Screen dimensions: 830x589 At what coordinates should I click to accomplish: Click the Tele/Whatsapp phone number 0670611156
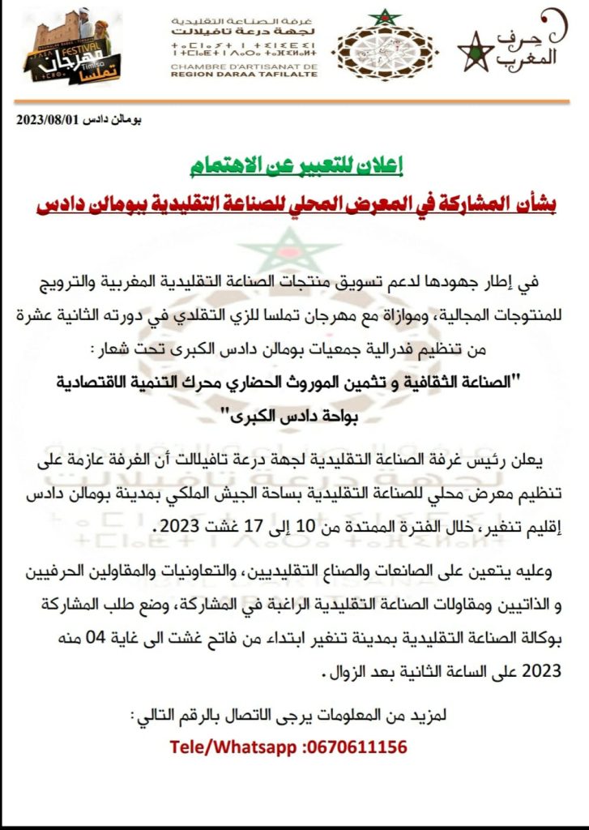click(x=356, y=747)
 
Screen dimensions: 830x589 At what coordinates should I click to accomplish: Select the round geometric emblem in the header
click(x=384, y=46)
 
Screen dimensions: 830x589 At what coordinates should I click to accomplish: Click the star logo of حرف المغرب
click(x=476, y=53)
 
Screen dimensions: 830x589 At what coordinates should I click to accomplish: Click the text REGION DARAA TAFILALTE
click(x=244, y=74)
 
